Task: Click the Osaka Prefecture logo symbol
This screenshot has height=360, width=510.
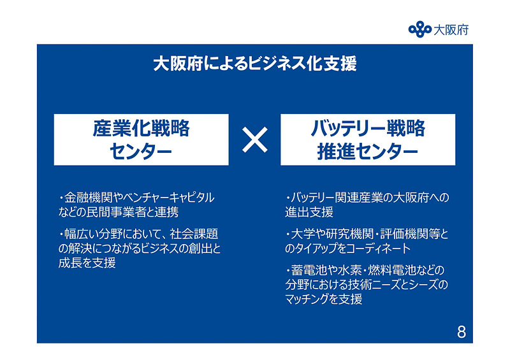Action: (419, 29)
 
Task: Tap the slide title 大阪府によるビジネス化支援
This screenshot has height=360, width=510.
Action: (254, 64)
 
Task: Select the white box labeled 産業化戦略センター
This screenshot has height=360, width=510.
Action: (142, 140)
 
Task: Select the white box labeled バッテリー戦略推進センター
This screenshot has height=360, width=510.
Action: (368, 140)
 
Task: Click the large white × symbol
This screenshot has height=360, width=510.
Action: (254, 140)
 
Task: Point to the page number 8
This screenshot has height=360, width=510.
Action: (461, 332)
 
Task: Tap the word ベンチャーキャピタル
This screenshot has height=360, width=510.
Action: (169, 198)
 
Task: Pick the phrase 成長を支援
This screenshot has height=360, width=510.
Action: (87, 263)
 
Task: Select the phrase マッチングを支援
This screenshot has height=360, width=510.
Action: (323, 298)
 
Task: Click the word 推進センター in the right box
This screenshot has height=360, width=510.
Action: (368, 152)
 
